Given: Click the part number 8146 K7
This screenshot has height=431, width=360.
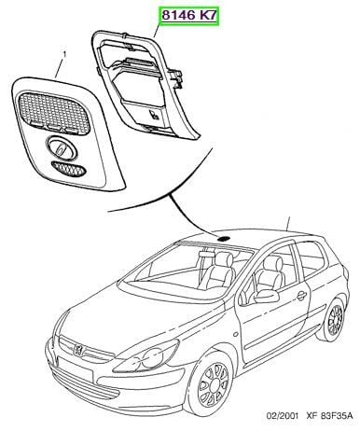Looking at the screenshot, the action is [x=189, y=15].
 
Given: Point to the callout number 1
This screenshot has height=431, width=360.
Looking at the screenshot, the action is [x=64, y=55].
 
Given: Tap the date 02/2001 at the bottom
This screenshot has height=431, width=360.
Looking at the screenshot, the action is [x=282, y=415].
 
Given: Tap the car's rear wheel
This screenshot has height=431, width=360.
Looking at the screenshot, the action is [x=333, y=319].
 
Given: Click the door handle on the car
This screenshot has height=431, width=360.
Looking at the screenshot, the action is [x=301, y=296].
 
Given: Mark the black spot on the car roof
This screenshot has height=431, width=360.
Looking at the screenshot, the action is [x=223, y=239].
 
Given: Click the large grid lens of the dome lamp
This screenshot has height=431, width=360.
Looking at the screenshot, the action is [x=54, y=110].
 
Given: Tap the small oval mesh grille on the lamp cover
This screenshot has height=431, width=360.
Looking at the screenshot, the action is [x=68, y=169].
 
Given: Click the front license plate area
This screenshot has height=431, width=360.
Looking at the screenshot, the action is [x=75, y=371].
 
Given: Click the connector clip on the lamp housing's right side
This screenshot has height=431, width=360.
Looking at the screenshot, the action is [x=175, y=77].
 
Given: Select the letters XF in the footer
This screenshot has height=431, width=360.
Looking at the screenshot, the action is [x=312, y=415].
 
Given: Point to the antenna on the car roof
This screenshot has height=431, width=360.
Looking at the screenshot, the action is [x=288, y=224].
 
